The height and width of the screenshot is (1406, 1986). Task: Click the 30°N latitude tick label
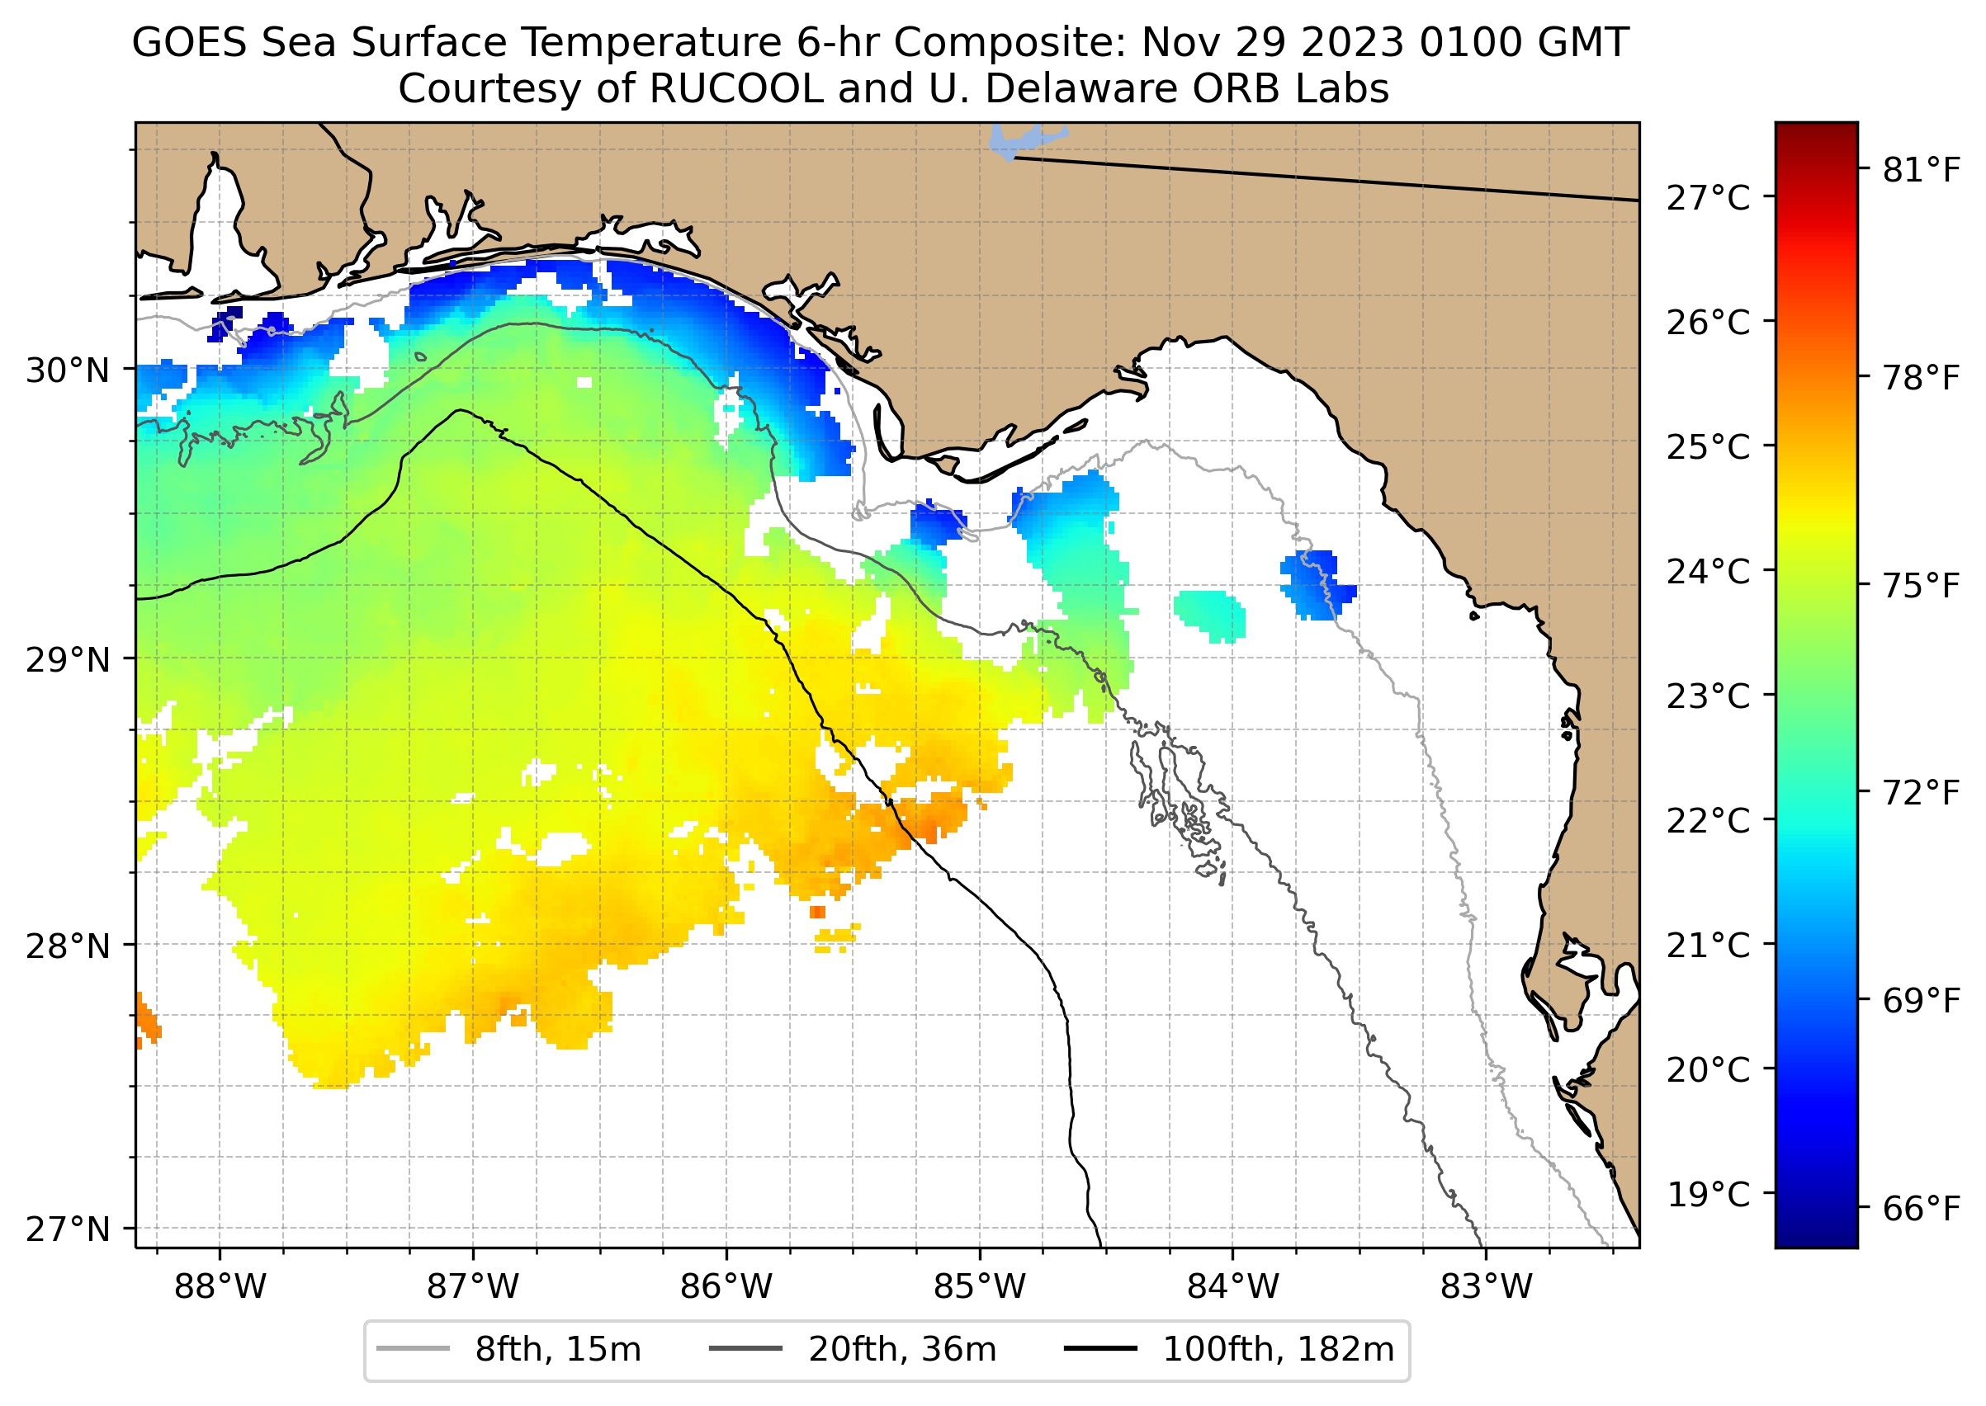tap(68, 370)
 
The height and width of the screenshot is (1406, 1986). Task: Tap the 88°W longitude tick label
tap(220, 1287)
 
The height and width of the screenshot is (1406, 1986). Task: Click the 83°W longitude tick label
tap(1487, 1287)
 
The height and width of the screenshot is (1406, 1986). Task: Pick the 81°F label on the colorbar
tap(1921, 171)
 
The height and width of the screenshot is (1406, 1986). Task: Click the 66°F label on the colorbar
tap(1921, 1209)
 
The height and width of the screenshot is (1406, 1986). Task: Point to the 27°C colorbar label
tap(1708, 198)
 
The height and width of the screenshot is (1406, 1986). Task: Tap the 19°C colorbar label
tap(1708, 1195)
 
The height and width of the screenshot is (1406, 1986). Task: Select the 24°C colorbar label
tap(1708, 572)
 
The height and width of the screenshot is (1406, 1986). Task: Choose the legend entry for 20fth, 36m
tap(854, 1350)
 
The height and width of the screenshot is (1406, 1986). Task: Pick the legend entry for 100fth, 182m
tap(1229, 1350)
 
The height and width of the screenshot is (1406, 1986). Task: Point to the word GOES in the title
tap(190, 42)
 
